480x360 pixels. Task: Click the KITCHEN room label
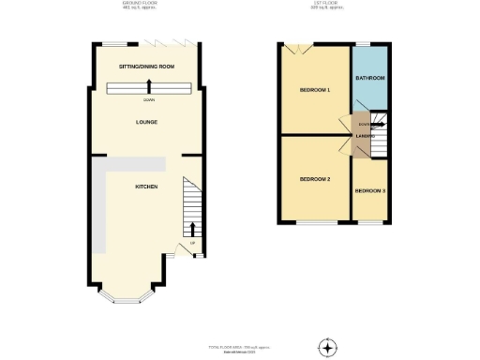[x=145, y=187]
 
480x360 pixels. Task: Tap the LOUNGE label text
[x=145, y=122]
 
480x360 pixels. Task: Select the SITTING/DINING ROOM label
[x=147, y=67]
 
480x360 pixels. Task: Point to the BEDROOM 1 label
[x=315, y=91]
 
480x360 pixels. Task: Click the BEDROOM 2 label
[x=315, y=179]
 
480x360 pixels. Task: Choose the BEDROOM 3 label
[x=369, y=191]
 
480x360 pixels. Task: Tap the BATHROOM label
[x=369, y=78]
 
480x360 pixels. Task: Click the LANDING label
[x=366, y=142]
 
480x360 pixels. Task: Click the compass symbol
[x=327, y=347]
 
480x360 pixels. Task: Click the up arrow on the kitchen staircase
[x=193, y=228]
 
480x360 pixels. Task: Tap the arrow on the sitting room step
[x=149, y=88]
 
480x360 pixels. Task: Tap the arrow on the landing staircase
[x=376, y=123]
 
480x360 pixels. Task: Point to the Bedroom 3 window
[x=369, y=222]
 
